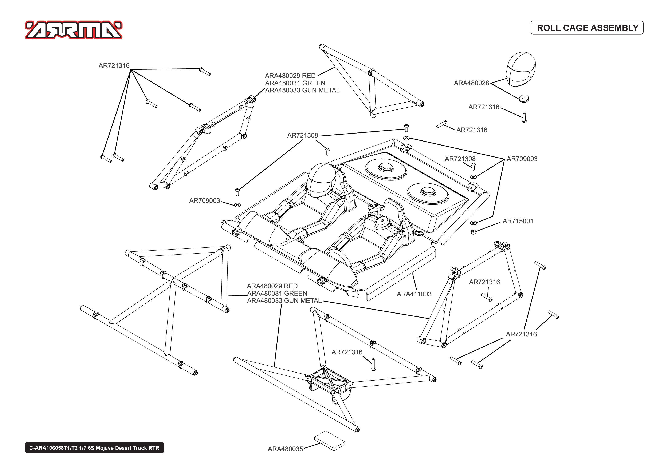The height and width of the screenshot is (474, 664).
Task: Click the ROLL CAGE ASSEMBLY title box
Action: click(x=587, y=28)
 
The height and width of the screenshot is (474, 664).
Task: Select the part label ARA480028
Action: click(x=471, y=83)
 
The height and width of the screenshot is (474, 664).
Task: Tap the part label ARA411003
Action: click(x=414, y=294)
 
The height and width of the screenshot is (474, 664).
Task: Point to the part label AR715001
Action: click(x=518, y=221)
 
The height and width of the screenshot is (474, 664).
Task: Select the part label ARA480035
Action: click(x=285, y=449)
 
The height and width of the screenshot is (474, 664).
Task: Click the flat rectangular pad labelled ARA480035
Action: click(x=329, y=441)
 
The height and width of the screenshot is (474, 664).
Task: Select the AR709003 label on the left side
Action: click(x=204, y=201)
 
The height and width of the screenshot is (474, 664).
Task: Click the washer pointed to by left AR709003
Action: click(x=238, y=205)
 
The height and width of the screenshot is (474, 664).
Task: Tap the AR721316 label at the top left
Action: click(x=114, y=66)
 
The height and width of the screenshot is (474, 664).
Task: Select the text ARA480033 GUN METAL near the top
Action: click(x=302, y=91)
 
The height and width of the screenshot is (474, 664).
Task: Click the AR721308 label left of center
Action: click(x=303, y=135)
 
